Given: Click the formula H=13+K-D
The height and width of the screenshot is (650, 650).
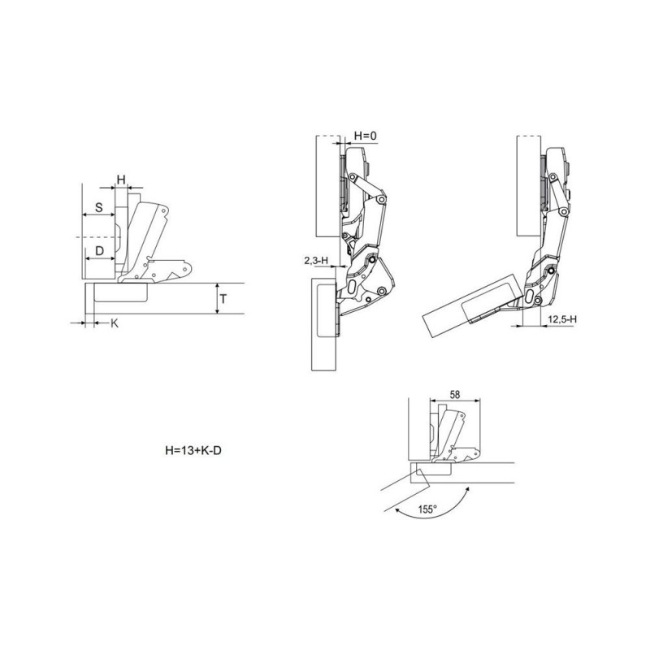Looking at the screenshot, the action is (193, 450).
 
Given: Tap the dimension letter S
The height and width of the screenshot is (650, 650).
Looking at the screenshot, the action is (98, 207).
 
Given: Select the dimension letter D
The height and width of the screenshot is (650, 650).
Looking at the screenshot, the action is (99, 251).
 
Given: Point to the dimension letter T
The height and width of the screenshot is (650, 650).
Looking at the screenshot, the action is (223, 298).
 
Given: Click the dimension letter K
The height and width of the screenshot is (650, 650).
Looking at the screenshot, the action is (115, 323).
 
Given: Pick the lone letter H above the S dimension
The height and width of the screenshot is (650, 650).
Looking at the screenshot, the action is (121, 180).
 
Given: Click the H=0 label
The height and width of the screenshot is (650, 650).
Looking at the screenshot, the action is (365, 136).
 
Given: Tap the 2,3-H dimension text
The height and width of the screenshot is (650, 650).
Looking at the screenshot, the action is (316, 261).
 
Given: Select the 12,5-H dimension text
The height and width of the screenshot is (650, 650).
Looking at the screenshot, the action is (562, 319).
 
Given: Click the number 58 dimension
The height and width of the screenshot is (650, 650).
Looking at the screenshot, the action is (455, 395).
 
